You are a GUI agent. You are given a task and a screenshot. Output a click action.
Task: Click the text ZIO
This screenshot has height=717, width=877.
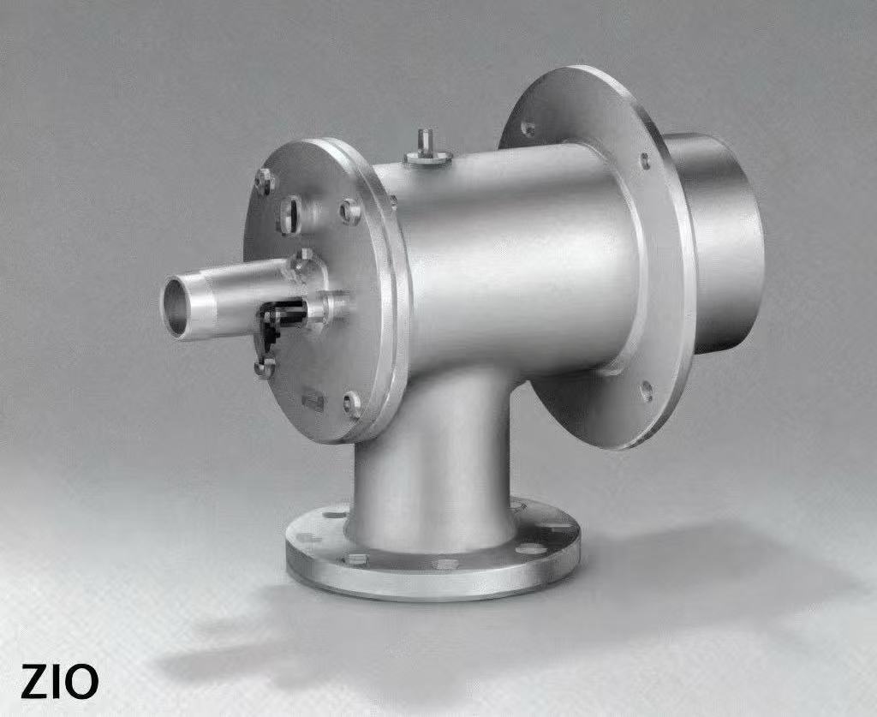pyautogui.click(x=59, y=681)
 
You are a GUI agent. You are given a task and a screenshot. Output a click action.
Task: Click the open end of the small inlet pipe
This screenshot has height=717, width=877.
pyautogui.click(x=176, y=308)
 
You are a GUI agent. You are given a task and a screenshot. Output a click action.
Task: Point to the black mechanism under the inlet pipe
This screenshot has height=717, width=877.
pyautogui.click(x=281, y=322)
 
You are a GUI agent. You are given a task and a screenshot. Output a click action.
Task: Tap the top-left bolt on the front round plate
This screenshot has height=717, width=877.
pyautogui.click(x=264, y=182)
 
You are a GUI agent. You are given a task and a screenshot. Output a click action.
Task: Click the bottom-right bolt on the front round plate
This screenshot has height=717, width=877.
pyautogui.click(x=352, y=404)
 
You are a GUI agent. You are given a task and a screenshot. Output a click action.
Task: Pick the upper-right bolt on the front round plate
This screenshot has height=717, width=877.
pyautogui.click(x=350, y=212)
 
